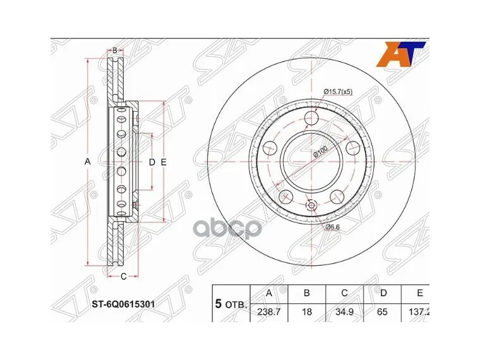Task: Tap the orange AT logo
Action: pyautogui.click(x=397, y=54)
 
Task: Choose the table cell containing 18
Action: pyautogui.click(x=306, y=310)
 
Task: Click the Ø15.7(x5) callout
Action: pyautogui.click(x=337, y=92)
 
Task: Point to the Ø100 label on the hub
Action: pyautogui.click(x=320, y=153)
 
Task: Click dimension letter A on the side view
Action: pyautogui.click(x=88, y=162)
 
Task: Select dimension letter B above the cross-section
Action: pyautogui.click(x=114, y=50)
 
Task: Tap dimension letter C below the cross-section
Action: pyautogui.click(x=124, y=275)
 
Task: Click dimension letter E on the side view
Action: pyautogui.click(x=163, y=162)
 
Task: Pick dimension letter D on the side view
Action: pyautogui.click(x=152, y=162)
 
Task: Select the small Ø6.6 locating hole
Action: pyautogui.click(x=311, y=207)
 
